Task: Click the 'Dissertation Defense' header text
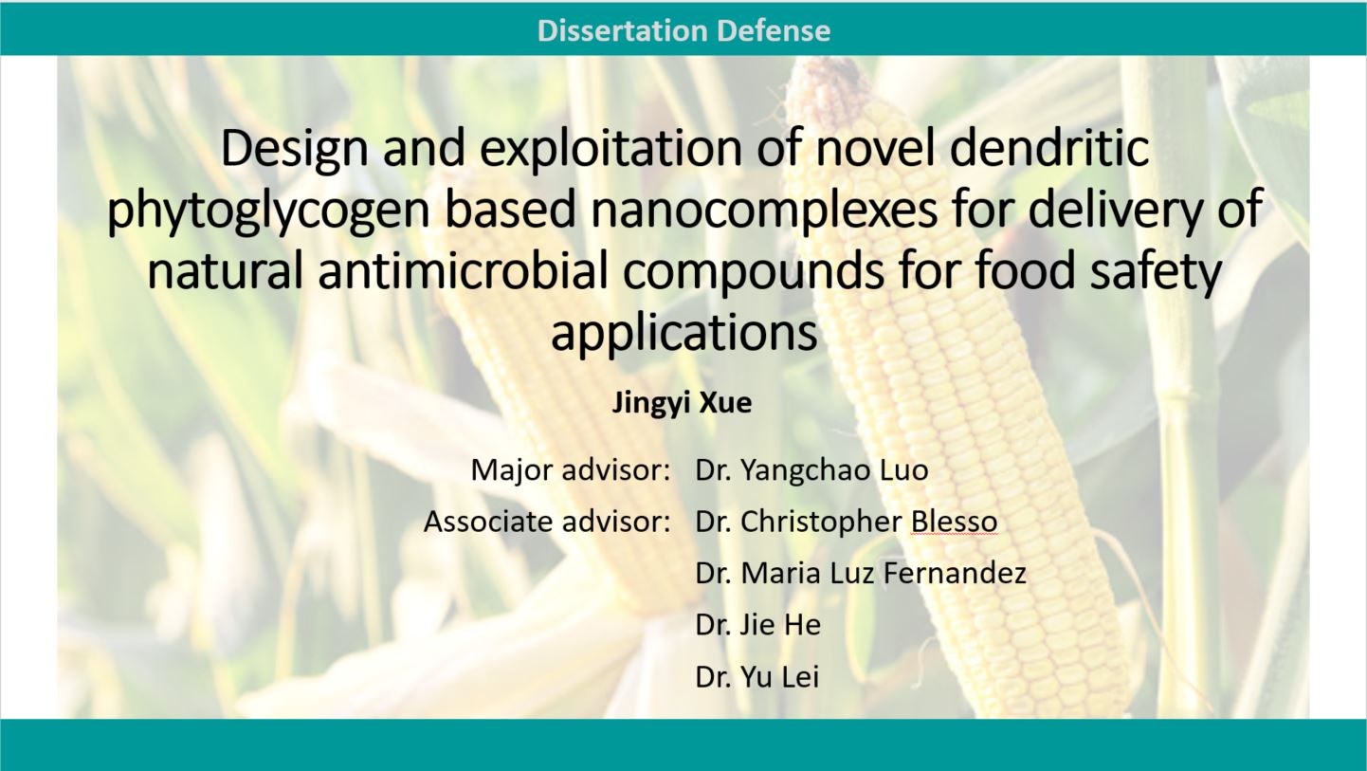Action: [x=683, y=30]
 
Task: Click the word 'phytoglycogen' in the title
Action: [x=268, y=211]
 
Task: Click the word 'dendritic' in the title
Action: [x=1049, y=148]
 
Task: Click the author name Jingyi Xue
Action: [x=682, y=403]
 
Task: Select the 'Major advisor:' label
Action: [x=571, y=470]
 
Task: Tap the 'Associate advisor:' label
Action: [x=547, y=522]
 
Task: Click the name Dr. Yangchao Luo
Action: [x=811, y=470]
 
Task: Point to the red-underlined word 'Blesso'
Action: [x=954, y=522]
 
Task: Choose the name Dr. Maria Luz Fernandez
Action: [x=861, y=573]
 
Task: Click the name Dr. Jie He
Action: [x=758, y=625]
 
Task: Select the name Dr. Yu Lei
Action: [x=756, y=677]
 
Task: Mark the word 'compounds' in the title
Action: [x=753, y=271]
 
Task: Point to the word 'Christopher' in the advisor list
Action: [x=821, y=523]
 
